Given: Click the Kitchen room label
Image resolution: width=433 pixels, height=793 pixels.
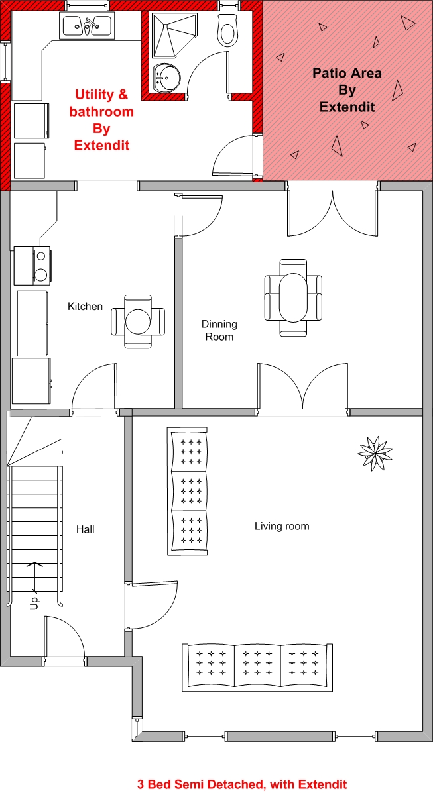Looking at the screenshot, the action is coord(85,307).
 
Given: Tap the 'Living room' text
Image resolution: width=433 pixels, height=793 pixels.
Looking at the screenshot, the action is coord(282,526).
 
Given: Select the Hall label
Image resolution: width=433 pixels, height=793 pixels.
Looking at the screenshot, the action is coord(86,529).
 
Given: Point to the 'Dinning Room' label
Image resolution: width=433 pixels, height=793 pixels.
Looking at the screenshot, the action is coord(219,330).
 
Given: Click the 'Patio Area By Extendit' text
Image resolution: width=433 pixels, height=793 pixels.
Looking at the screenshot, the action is coord(347,89).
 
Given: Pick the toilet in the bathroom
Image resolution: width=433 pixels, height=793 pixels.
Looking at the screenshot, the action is coord(227,30).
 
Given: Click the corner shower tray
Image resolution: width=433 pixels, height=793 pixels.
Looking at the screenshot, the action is coord(172,34).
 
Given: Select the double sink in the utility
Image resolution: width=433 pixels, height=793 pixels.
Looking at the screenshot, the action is coord(87,25).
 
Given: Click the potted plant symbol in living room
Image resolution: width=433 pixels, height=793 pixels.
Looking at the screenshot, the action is coord(375,452).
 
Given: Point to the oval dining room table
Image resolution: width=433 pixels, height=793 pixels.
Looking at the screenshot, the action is coord(293,297).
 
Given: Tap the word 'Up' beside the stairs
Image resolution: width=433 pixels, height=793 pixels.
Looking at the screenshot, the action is coord(34,603).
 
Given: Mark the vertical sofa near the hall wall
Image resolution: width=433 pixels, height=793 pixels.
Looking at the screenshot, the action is coord(187,490).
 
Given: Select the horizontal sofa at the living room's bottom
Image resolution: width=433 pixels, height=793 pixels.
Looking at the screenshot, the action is coord(258,667).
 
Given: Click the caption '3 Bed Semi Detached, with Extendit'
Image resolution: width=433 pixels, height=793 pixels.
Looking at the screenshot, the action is coord(242,784).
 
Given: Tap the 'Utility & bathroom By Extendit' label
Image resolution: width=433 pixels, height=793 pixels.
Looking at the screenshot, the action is coord(101,120).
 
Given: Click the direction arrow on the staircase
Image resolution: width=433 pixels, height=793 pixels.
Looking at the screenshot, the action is coord(34,576).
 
